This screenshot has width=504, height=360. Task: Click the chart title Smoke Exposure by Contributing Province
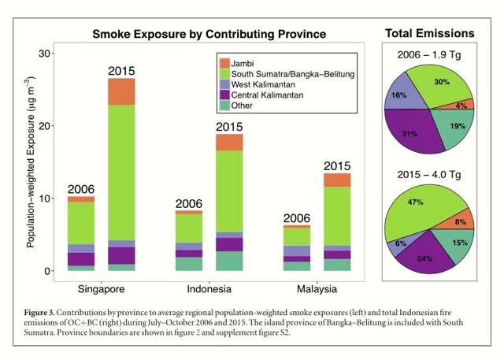tap(209, 34)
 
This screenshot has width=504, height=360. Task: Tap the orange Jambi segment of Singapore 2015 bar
tap(121, 91)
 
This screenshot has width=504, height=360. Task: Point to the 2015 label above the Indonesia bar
tap(229, 127)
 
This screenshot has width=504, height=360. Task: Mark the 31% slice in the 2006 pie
tap(408, 133)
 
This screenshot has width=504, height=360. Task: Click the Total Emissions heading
tap(429, 33)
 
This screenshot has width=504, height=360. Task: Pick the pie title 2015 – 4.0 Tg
tap(430, 174)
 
